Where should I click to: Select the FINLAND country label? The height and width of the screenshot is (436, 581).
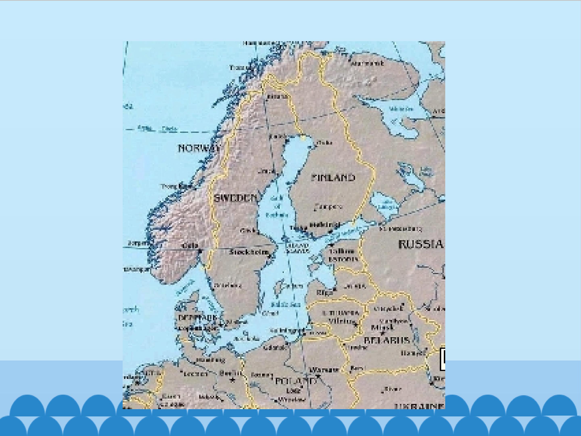click(x=333, y=178)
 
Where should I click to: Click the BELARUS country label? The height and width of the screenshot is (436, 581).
click(x=387, y=340)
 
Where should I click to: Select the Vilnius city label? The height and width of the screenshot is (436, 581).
click(x=340, y=321)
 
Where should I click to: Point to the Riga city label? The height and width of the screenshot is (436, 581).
click(x=323, y=292)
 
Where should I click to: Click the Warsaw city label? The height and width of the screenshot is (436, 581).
click(x=324, y=370)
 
